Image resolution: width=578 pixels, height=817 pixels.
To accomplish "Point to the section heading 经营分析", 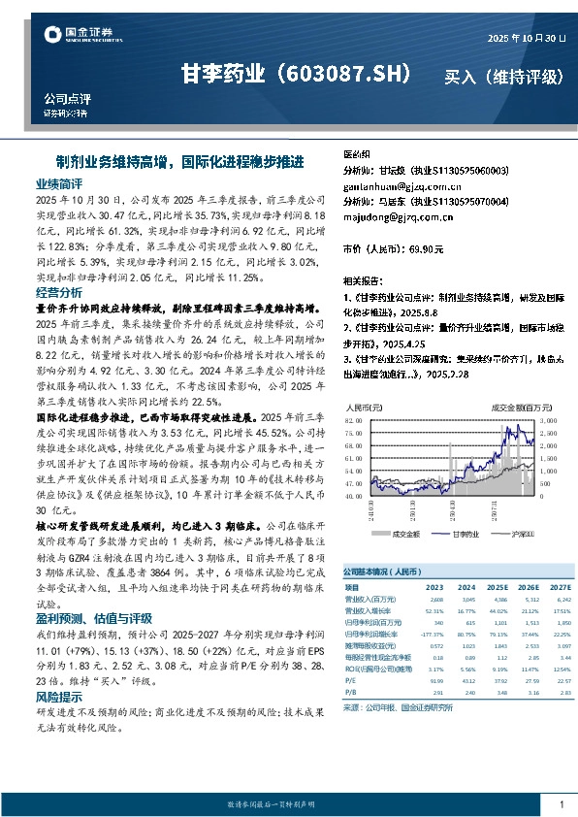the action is click(x=59, y=292).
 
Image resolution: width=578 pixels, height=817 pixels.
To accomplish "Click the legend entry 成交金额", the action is click(x=405, y=532).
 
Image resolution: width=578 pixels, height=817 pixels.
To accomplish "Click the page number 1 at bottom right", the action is click(x=562, y=804).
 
